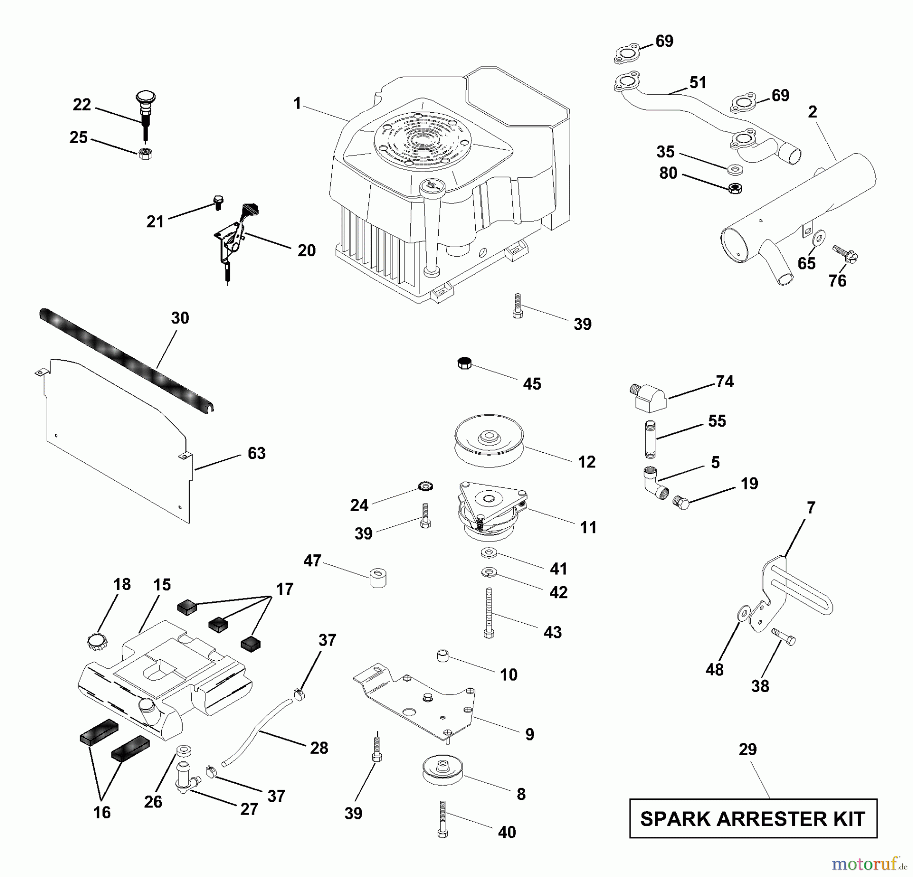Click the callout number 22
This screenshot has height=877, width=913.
coord(82,105)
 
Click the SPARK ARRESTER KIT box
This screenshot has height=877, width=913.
coord(753,819)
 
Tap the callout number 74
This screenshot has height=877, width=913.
coord(724,381)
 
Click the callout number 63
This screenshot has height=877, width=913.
coord(256,453)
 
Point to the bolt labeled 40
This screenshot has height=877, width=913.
coord(443,820)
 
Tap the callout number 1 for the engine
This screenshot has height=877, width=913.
coord(297,104)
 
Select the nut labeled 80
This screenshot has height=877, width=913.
coord(735,188)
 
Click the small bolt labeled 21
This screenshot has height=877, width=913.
coord(219,201)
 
